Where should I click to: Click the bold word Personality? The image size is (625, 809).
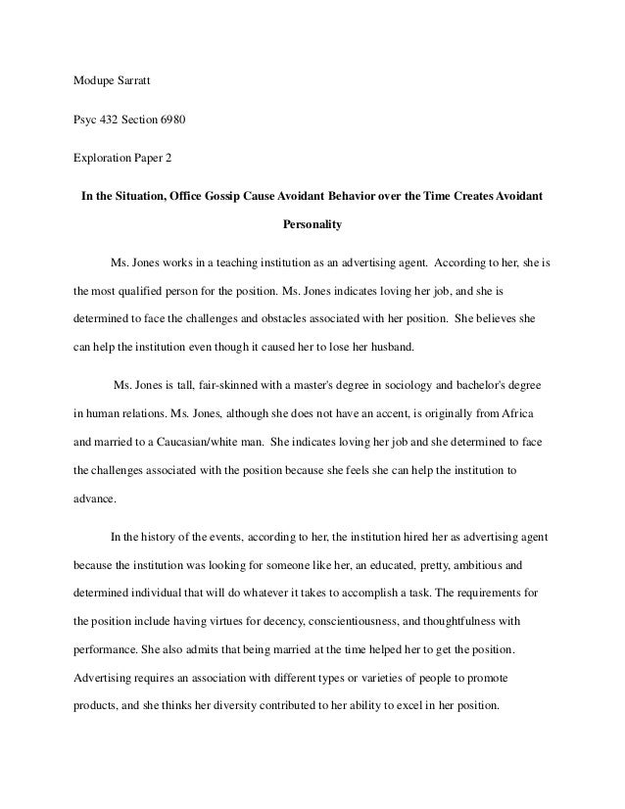(312, 225)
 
